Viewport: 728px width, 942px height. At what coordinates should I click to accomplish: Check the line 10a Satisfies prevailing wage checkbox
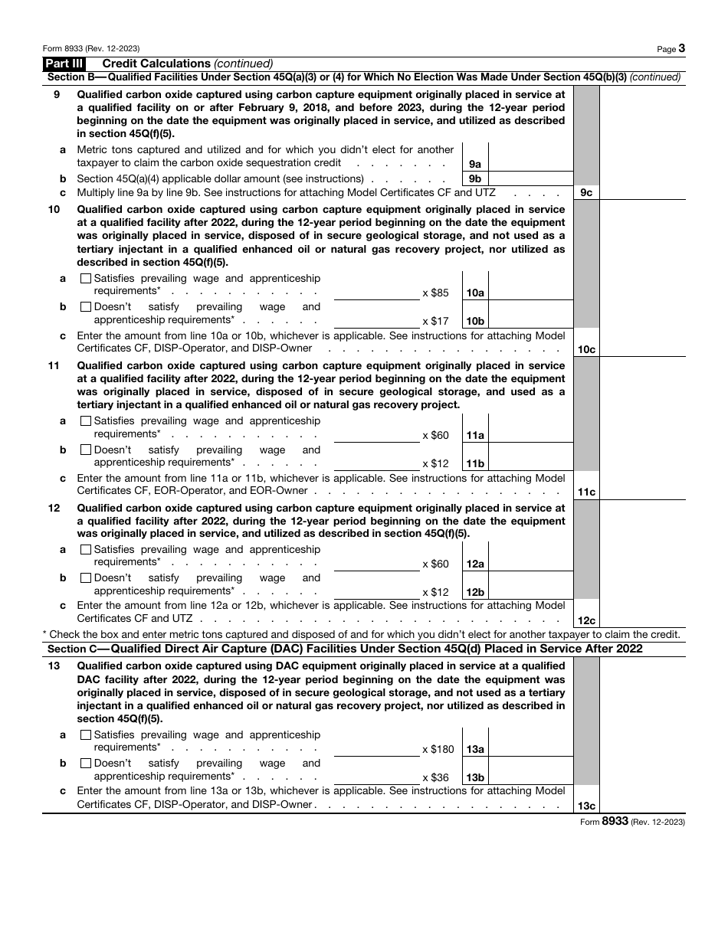(x=85, y=279)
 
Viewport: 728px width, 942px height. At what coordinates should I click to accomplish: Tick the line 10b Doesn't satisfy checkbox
(x=85, y=307)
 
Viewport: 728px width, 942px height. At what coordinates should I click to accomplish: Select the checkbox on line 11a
(x=85, y=421)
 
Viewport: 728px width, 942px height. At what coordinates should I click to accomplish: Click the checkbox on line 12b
(x=85, y=578)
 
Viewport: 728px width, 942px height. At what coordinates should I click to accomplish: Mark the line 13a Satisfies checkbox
(x=85, y=735)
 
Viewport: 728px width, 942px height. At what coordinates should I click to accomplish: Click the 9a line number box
(x=474, y=164)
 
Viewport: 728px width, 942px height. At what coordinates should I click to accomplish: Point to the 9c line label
(x=586, y=193)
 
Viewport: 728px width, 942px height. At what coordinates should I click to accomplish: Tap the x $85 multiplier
(x=435, y=293)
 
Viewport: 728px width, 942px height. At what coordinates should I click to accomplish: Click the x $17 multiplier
(x=435, y=321)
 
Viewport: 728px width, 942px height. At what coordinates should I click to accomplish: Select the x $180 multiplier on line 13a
(x=438, y=749)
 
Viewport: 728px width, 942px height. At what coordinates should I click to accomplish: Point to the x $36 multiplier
(x=435, y=777)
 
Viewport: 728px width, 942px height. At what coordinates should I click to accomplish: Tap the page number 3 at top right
(x=681, y=48)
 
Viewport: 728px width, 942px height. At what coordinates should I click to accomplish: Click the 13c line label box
(x=586, y=806)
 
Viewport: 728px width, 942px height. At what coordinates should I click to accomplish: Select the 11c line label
(x=586, y=492)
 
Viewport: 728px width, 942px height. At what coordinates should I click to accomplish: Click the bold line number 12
(x=54, y=508)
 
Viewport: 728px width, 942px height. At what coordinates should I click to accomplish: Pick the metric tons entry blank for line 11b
(x=376, y=461)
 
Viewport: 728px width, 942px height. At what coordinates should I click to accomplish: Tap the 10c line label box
(x=586, y=349)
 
